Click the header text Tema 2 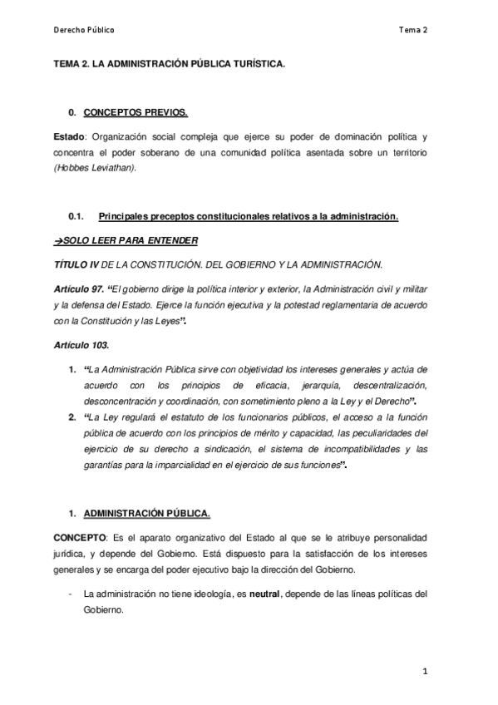tap(412, 29)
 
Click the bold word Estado tap(69, 136)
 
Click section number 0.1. tap(76, 217)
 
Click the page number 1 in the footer tap(425, 671)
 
